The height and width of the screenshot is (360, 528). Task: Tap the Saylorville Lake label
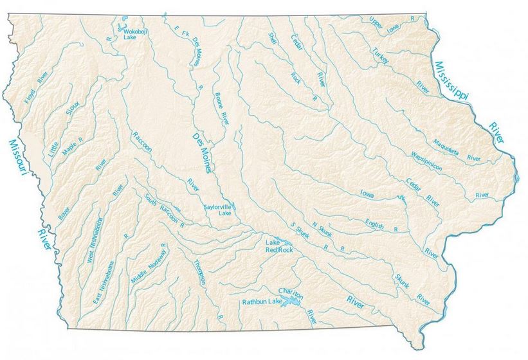[x=217, y=210]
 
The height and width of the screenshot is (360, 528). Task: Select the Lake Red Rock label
[x=279, y=246]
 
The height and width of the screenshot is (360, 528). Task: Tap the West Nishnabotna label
[x=93, y=240]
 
